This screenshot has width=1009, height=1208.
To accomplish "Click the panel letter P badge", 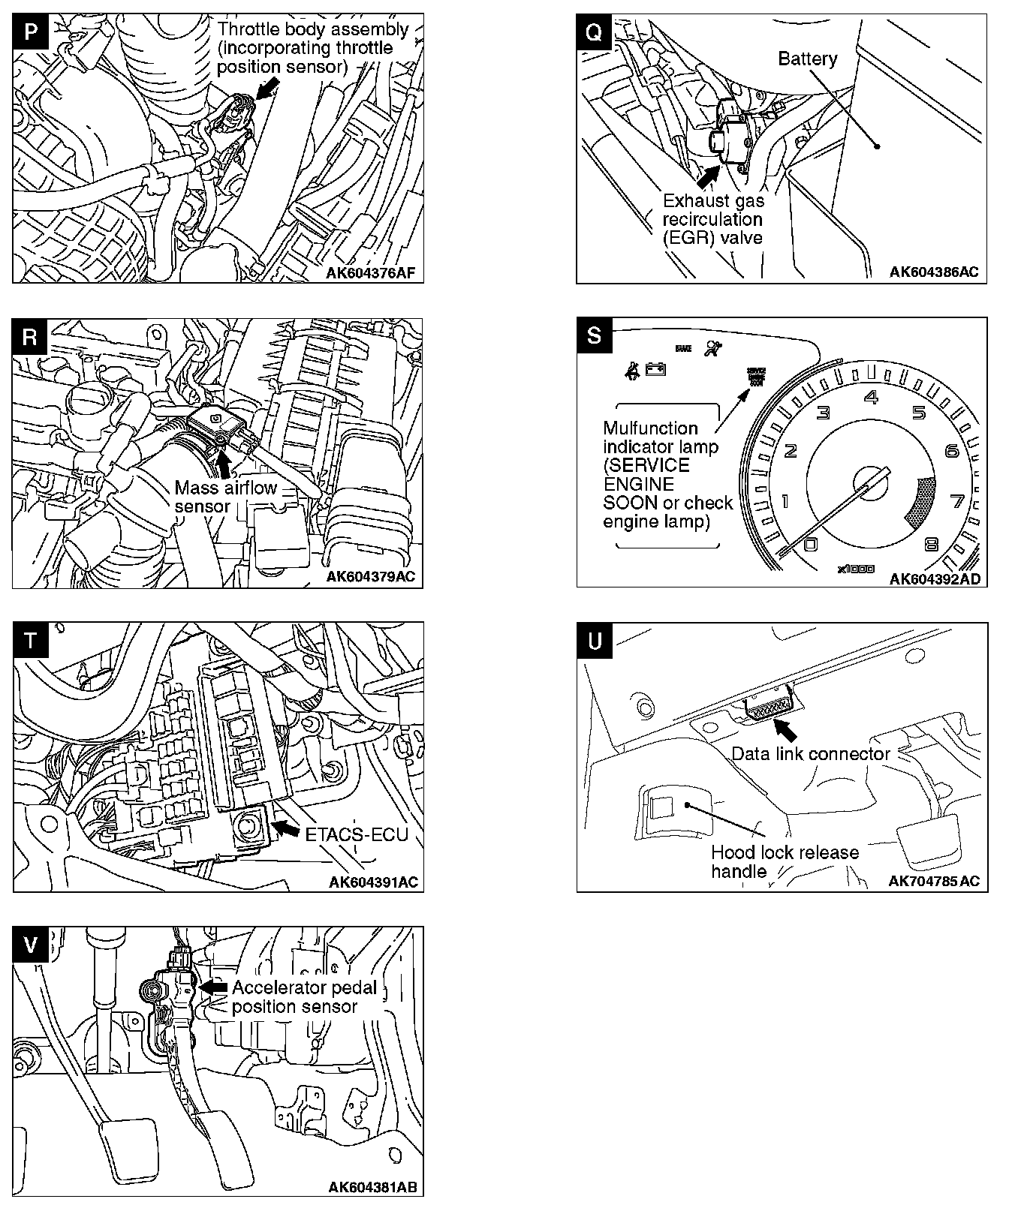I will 30,32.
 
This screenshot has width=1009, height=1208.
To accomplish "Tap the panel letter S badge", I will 594,335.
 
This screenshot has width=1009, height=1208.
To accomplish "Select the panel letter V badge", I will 30,944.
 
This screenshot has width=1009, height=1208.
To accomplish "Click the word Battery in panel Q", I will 807,59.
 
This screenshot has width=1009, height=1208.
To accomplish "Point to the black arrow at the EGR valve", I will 706,176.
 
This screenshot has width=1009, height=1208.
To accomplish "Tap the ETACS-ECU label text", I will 357,834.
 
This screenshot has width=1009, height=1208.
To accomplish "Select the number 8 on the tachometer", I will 932,545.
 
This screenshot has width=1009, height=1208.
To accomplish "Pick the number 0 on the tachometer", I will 810,543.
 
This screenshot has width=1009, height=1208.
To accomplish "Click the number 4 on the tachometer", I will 871,396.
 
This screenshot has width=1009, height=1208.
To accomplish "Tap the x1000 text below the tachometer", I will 856,569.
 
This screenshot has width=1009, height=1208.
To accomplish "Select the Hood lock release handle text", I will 785,862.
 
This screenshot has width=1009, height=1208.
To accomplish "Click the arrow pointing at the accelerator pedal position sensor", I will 214,988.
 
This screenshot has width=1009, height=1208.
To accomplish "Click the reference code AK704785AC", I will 934,881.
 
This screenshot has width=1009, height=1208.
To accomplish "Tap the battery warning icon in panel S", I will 655,369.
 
